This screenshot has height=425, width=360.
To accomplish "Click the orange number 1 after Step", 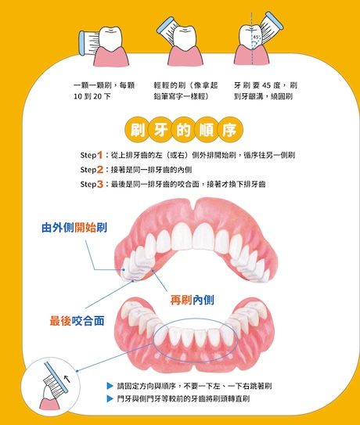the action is (x=99, y=155).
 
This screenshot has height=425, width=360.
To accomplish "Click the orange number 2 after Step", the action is (x=100, y=170).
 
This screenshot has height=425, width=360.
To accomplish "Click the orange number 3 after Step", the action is (x=100, y=184).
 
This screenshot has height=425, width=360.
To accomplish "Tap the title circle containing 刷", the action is (x=138, y=130).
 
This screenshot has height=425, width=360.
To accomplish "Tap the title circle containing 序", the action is (x=230, y=130).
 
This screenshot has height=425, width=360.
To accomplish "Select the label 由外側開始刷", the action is (x=74, y=228).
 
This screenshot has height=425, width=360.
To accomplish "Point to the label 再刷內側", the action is (x=193, y=300).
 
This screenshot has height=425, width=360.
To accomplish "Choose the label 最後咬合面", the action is (x=77, y=321).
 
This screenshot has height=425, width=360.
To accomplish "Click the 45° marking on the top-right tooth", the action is (x=257, y=37).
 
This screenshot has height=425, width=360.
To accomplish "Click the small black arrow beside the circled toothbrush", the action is (x=67, y=379).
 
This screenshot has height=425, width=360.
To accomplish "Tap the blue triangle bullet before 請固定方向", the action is (x=110, y=386).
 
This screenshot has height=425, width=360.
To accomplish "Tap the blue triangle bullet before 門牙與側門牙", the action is (x=110, y=398).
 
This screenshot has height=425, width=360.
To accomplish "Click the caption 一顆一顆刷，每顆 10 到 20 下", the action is (x=104, y=91).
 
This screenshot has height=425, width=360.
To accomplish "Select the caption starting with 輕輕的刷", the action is (x=185, y=91).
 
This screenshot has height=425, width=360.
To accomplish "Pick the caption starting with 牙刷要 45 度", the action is (x=265, y=91).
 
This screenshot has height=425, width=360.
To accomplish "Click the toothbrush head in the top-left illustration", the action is (x=88, y=43).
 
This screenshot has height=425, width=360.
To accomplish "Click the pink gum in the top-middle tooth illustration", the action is (x=185, y=56).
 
